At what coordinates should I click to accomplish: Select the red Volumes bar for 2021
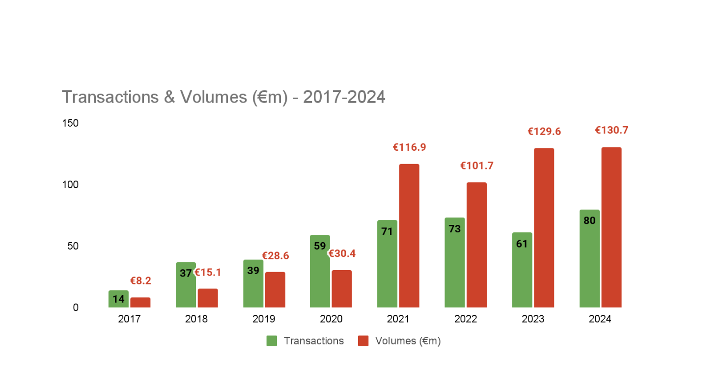(409, 236)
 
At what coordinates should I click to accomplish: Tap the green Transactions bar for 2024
(589, 259)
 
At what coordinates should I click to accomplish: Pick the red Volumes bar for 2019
(275, 290)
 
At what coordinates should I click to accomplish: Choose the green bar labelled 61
(522, 270)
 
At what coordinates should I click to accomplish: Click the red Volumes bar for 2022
(476, 245)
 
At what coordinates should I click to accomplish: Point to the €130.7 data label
(612, 130)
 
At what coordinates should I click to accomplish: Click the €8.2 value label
(140, 281)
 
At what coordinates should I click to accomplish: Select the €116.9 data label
(409, 147)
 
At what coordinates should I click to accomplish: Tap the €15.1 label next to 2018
(208, 273)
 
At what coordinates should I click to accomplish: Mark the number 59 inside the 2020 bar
(320, 246)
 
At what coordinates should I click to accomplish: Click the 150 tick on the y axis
(70, 123)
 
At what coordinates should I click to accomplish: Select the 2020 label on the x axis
(331, 319)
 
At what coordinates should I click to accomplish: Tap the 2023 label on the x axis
(533, 319)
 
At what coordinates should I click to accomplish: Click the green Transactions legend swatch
(272, 341)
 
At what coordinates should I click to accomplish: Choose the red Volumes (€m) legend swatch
(363, 341)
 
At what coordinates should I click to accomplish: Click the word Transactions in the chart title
(109, 97)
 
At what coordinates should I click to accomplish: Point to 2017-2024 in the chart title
(344, 97)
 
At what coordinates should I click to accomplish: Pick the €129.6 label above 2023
(544, 132)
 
